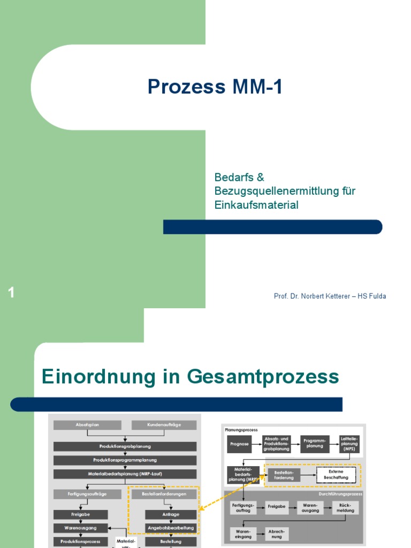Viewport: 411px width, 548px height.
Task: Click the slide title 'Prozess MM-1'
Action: (214, 87)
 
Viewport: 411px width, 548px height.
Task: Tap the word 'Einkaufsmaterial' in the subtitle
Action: (256, 205)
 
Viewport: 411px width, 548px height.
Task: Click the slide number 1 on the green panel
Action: (11, 293)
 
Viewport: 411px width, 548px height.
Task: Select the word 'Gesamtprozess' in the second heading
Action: (263, 377)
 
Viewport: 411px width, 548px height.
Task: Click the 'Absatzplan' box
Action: (87, 425)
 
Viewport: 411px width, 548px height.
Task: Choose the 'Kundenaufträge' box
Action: (164, 425)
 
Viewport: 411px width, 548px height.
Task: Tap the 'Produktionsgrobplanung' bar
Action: (125, 446)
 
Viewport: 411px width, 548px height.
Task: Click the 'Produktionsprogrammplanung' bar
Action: (125, 460)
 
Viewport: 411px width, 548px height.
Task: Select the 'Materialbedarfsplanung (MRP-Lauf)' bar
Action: (125, 474)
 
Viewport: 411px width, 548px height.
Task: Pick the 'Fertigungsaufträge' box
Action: (87, 494)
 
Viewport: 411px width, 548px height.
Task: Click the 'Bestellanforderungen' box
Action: (164, 494)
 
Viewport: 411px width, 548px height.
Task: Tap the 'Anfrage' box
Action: (171, 514)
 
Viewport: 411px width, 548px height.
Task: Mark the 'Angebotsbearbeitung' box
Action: (171, 528)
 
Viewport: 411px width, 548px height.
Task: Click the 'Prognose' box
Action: (239, 444)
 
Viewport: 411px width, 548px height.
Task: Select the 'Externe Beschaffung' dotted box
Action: (336, 475)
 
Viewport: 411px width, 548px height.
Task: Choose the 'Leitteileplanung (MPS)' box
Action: (349, 444)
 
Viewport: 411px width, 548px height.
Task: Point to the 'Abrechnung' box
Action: (277, 534)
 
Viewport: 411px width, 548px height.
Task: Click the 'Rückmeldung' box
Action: (345, 507)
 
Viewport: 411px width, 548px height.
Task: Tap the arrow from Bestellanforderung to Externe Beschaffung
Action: (308, 475)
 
